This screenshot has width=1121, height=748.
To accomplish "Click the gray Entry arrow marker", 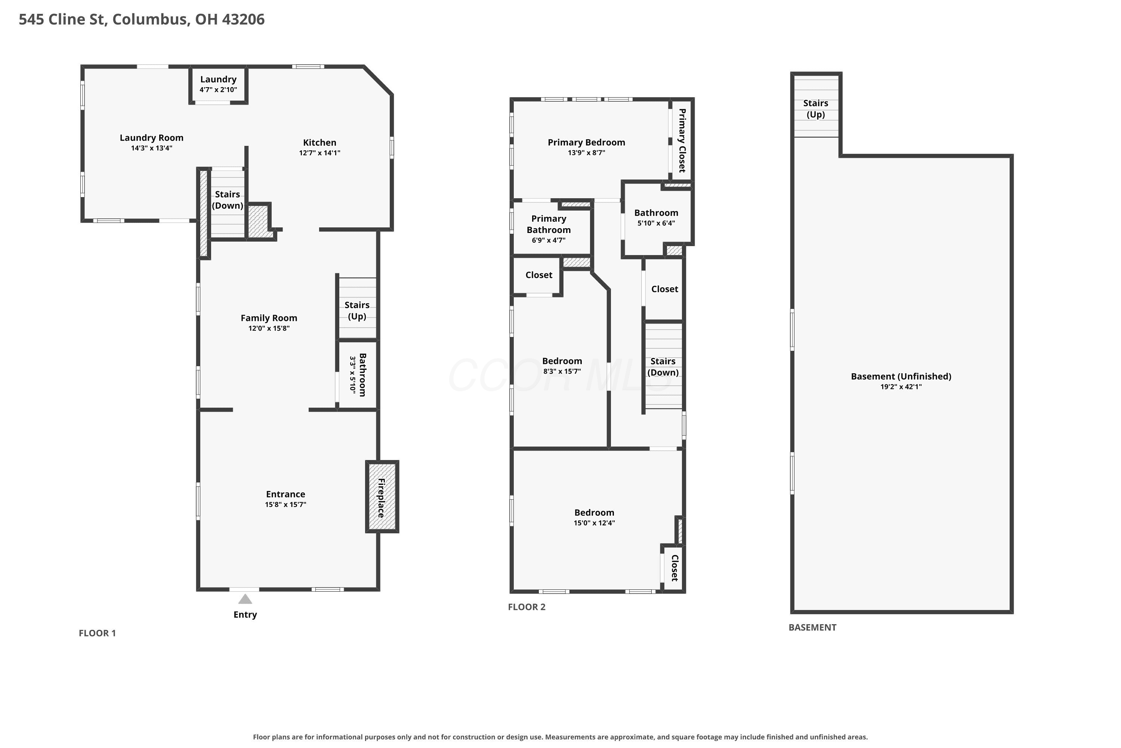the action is point(245,599).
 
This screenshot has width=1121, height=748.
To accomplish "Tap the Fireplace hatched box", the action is point(382,497).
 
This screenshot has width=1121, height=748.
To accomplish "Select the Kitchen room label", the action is point(320,142).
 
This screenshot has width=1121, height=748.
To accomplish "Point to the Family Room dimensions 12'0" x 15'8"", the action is point(269,328).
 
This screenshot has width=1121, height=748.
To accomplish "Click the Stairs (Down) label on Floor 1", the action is point(227,200).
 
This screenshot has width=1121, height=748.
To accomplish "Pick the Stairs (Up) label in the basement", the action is point(815,109).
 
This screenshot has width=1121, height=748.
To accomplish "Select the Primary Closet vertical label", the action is point(682,140).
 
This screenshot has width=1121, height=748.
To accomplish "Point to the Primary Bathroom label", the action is point(549,224).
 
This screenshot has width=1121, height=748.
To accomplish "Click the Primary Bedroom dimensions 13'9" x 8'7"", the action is point(586,153).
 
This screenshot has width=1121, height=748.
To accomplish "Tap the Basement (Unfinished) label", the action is point(901,376).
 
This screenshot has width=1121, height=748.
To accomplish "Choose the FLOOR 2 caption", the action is point(526,607).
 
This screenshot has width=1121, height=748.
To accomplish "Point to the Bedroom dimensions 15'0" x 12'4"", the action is point(594,523).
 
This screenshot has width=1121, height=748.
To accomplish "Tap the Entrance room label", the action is point(285,494).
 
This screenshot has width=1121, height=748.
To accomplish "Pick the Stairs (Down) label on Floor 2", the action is point(663,367).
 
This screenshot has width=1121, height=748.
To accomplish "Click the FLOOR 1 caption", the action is point(97,633).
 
